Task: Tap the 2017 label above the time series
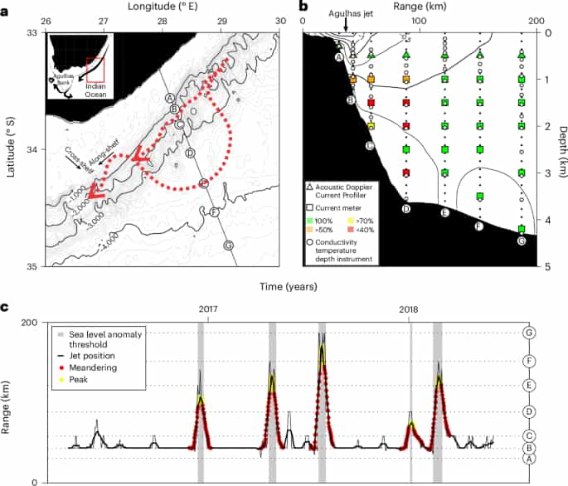coord(206,309)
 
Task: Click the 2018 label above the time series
coord(410,309)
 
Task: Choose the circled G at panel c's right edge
coord(528,333)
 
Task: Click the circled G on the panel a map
coord(228,245)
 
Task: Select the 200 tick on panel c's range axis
coord(25,322)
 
